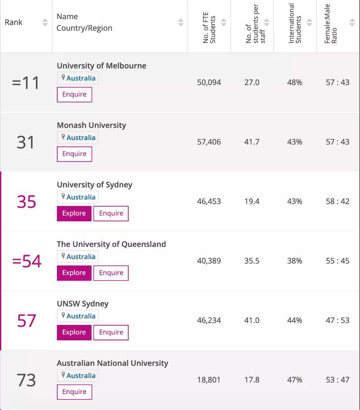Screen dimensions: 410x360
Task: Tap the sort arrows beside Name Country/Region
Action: pos(181,23)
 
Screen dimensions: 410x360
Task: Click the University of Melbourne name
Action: pos(102,66)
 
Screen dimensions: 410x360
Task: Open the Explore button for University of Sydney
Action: pos(74,213)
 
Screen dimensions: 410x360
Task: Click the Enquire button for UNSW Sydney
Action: pos(111,332)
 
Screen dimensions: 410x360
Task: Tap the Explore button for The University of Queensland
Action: pos(74,273)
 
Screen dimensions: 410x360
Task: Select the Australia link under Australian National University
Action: pos(81,376)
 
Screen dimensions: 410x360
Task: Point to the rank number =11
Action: pos(26,83)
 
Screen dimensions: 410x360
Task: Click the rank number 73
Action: pos(26,380)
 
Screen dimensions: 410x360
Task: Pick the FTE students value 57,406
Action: pos(209,142)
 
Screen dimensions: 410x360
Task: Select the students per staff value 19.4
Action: pos(252,201)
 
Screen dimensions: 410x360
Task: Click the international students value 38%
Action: pos(295,261)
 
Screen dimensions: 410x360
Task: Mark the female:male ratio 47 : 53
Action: pos(338,320)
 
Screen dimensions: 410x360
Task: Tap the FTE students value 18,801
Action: pos(209,380)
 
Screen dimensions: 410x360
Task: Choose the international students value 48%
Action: pos(295,83)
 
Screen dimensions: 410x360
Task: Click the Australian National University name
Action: pos(112,363)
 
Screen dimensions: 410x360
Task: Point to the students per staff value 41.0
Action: pos(252,320)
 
